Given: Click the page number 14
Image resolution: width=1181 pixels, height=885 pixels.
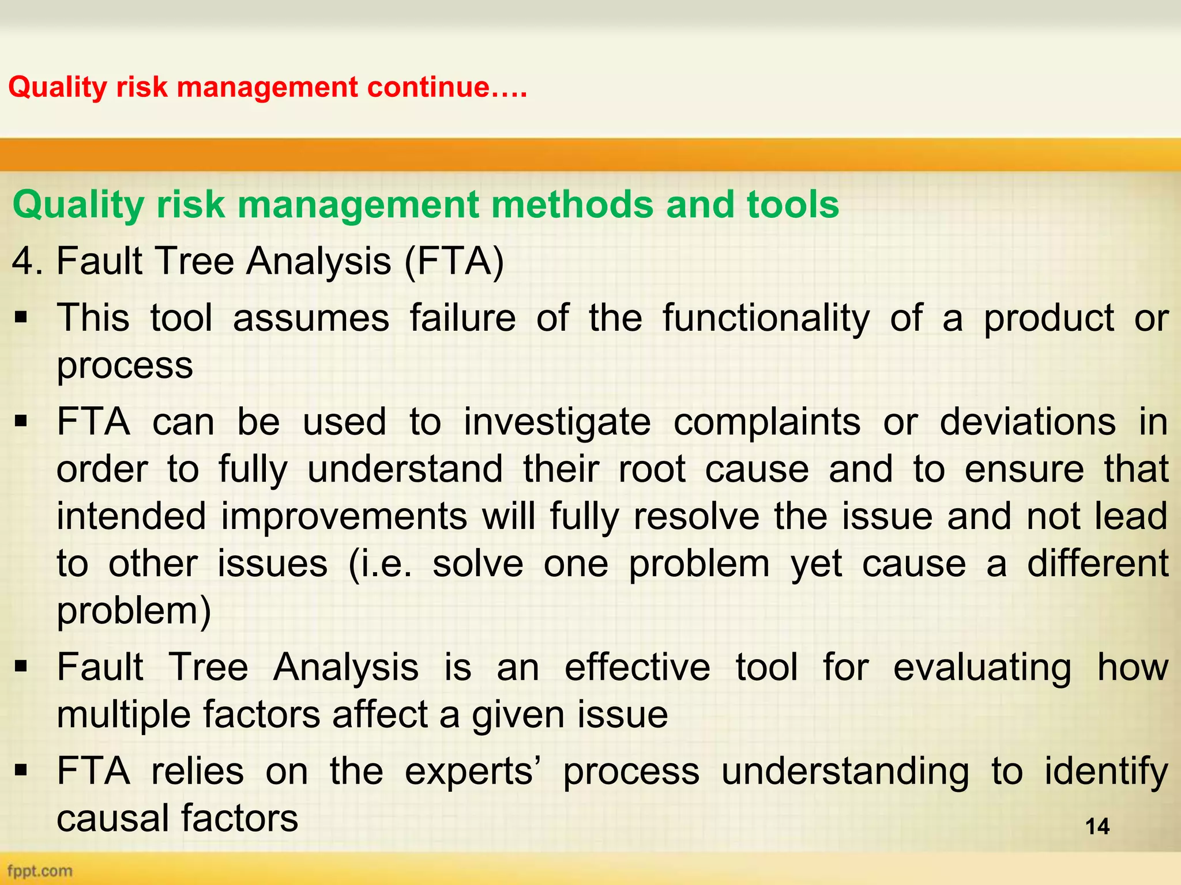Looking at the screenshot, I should click(1097, 826).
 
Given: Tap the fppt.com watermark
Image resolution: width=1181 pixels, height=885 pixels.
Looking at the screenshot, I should click(39, 870).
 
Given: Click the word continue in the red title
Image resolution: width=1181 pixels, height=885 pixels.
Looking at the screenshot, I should click(428, 88).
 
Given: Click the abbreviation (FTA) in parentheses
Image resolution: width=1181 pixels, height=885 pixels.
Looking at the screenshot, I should click(454, 261).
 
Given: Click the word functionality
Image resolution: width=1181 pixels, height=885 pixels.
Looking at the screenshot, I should click(766, 318).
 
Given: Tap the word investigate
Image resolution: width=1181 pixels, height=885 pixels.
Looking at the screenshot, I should click(557, 422).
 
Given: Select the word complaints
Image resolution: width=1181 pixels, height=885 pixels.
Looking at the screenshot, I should click(767, 422).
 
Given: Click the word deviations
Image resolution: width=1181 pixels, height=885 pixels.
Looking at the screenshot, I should click(1028, 422).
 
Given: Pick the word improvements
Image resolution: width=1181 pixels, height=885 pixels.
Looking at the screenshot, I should click(344, 516).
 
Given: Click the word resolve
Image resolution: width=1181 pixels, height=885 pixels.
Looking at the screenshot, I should click(696, 516).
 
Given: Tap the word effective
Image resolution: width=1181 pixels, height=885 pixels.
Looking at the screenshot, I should click(637, 668).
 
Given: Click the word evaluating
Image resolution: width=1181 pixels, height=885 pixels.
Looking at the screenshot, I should click(982, 668).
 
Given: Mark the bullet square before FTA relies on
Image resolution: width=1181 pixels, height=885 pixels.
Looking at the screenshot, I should click(21, 771).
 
